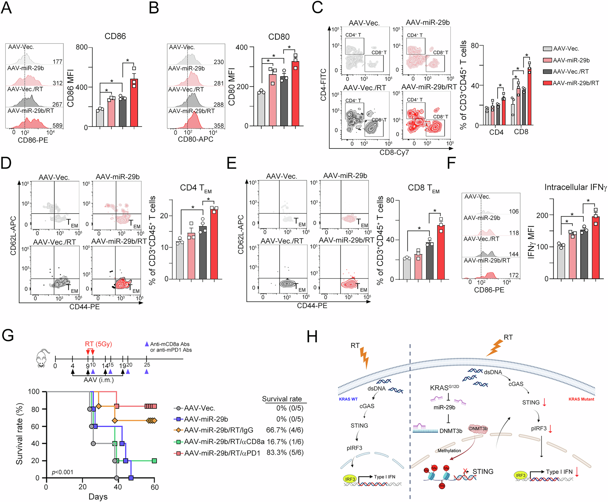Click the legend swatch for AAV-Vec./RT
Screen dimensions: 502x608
click(x=547, y=71)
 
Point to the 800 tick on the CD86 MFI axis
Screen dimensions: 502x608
click(x=81, y=47)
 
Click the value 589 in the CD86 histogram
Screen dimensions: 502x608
click(x=57, y=125)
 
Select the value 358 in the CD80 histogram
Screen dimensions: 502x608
click(x=219, y=125)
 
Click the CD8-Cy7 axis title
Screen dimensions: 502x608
click(x=394, y=152)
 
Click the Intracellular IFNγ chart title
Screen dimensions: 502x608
click(x=575, y=187)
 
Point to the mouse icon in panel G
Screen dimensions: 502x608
click(x=43, y=359)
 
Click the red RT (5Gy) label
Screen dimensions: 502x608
click(x=98, y=344)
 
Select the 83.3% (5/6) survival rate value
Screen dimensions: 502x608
click(x=285, y=453)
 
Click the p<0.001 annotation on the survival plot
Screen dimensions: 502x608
click(x=62, y=472)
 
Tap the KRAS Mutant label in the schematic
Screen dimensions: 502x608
click(x=581, y=399)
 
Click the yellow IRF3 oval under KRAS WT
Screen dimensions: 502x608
click(x=350, y=479)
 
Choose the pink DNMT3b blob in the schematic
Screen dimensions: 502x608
click(x=478, y=429)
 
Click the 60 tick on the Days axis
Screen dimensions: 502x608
click(x=154, y=487)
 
